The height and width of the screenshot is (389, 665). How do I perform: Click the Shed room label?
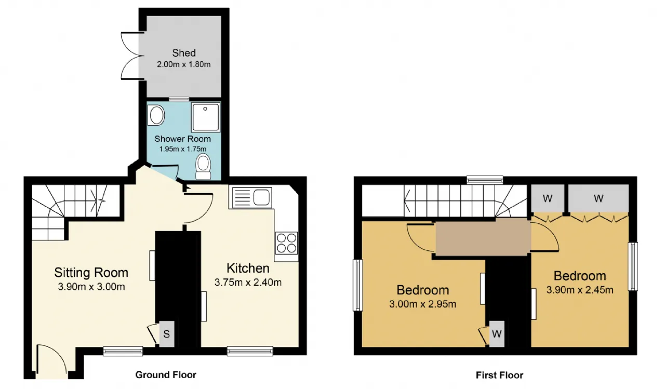point(184,53)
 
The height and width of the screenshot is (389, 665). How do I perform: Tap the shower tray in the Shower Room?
point(206,117)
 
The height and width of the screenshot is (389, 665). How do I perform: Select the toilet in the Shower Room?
point(203,167)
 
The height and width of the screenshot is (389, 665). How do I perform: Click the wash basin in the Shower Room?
point(156,115)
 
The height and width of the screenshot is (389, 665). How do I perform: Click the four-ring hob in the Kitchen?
point(286,243)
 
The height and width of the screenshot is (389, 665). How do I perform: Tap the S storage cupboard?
point(167,334)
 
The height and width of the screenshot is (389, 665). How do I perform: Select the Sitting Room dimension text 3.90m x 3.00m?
point(91,287)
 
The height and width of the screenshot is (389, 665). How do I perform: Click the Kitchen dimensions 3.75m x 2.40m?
point(248,283)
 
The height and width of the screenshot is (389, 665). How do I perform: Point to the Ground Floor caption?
point(166,375)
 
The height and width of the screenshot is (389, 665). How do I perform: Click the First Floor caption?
point(499,375)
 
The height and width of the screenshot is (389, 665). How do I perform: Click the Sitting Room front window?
point(123,351)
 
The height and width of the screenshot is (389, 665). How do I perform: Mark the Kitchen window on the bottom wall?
point(250,351)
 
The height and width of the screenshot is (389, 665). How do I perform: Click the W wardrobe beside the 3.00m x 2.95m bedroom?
point(497,334)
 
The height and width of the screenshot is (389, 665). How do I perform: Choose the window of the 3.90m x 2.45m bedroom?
point(633,266)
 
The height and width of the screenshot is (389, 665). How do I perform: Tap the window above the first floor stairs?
point(485,180)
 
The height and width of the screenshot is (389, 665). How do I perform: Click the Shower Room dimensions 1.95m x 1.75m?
point(182,149)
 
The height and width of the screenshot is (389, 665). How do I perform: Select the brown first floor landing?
point(483,236)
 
